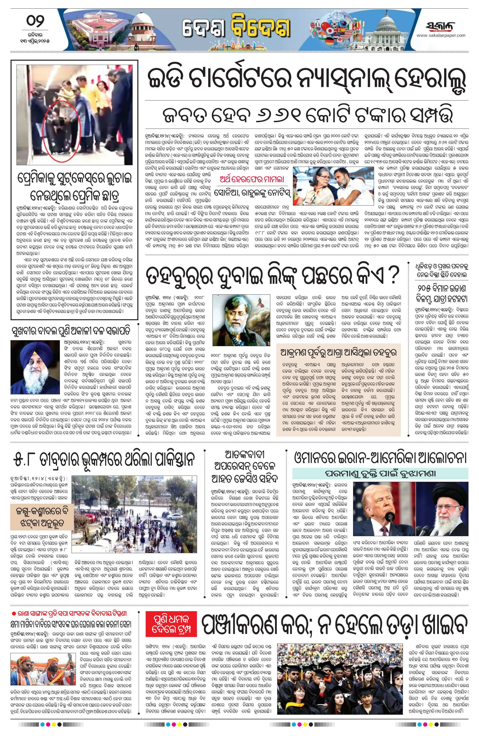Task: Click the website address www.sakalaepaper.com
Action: coord(441,35)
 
